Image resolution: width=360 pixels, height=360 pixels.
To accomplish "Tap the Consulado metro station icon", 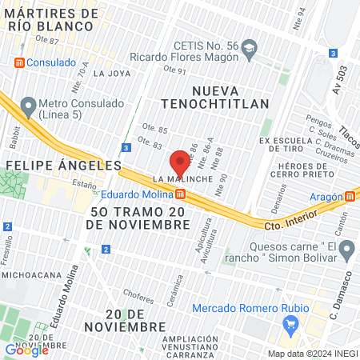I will pos(19,62).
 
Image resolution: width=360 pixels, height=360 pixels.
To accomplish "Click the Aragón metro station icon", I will pos(350,196).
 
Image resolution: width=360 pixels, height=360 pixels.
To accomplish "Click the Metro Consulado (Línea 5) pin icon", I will pos(29,104).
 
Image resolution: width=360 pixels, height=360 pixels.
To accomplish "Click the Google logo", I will pos(26,349).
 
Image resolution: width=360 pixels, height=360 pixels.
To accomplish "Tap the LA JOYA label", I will pos(111,73).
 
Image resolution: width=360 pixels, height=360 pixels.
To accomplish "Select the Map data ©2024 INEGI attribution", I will pos(312,354).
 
